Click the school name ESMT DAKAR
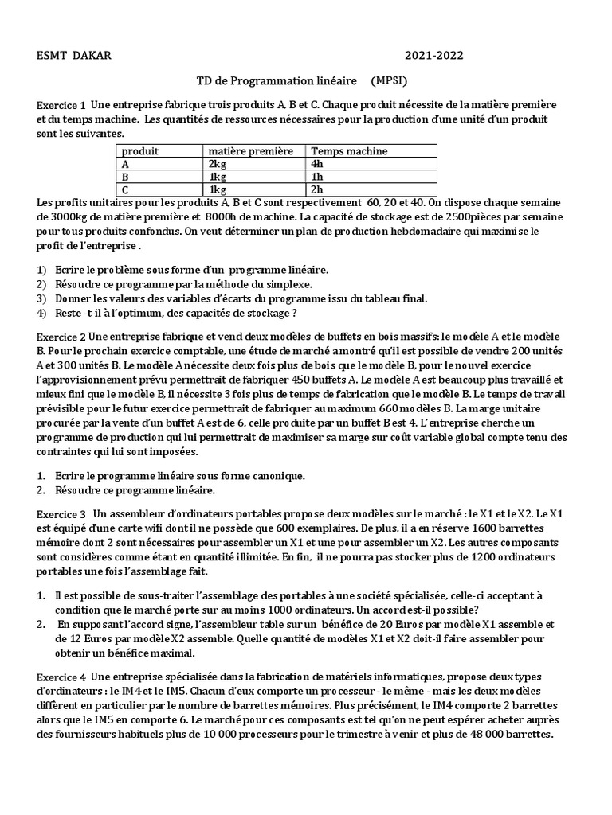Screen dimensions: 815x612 (74, 55)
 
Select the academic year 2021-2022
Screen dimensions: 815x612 (433, 55)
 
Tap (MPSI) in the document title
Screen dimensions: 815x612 (390, 82)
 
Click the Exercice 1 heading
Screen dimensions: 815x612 (61, 106)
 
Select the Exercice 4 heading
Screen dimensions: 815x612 (61, 677)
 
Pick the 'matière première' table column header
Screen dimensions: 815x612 (250, 151)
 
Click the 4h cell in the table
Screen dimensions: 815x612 (316, 164)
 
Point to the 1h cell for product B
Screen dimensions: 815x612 (316, 177)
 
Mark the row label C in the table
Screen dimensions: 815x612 (124, 189)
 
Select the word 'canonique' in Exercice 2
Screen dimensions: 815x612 (281, 475)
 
